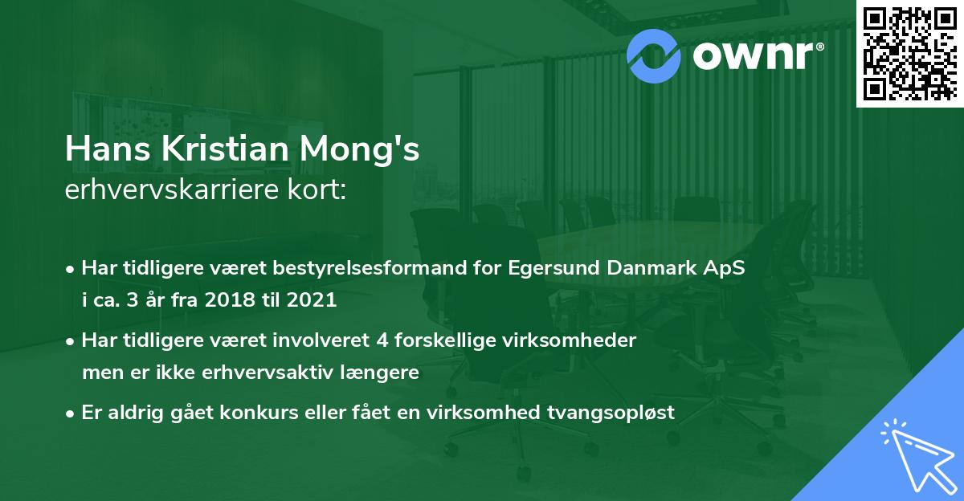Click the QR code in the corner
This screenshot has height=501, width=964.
(910, 53)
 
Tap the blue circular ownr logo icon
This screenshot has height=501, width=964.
(653, 54)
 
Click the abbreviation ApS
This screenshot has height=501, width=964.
(725, 269)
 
